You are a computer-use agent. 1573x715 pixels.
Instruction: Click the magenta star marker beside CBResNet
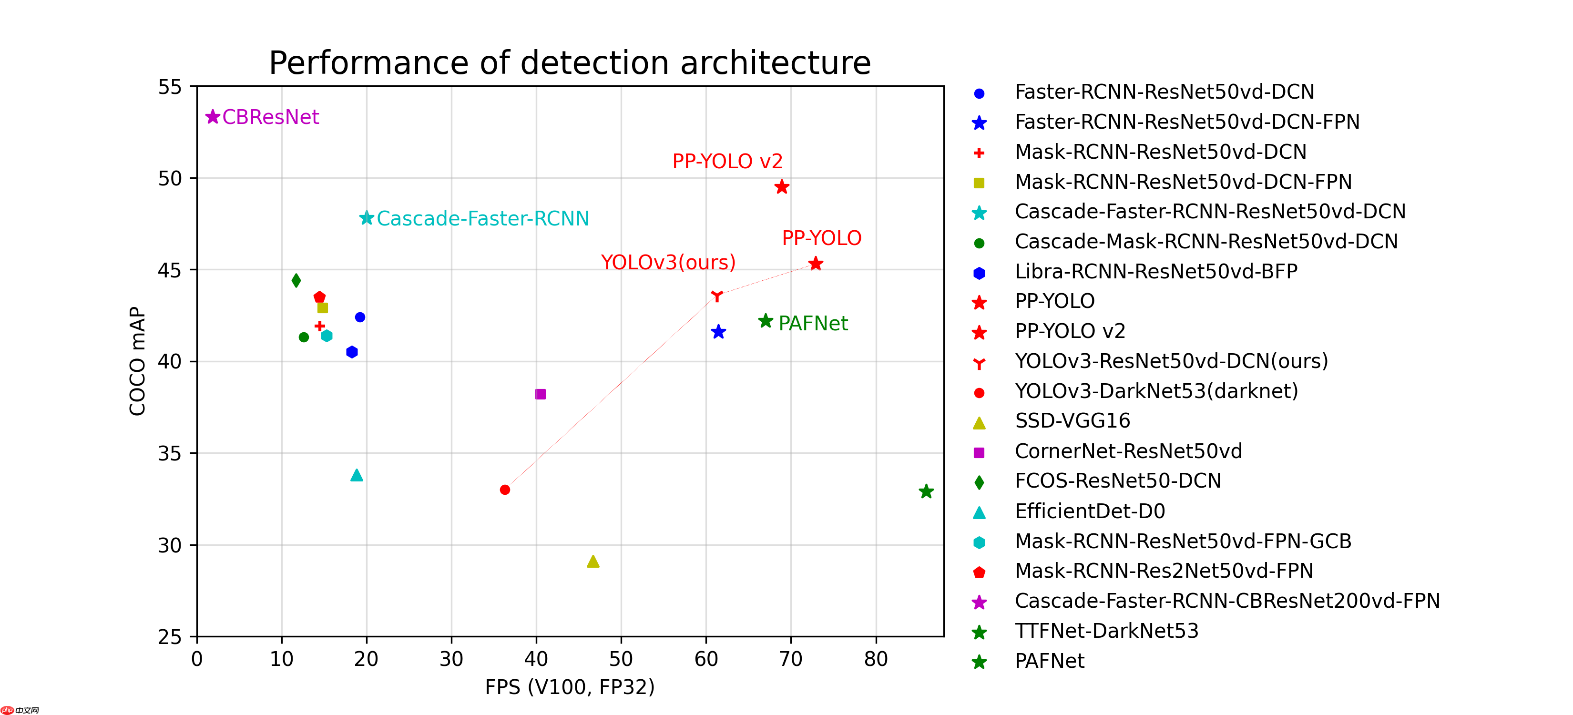(213, 117)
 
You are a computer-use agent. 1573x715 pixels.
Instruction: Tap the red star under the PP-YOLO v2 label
(782, 187)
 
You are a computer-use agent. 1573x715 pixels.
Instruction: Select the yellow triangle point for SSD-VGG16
(593, 561)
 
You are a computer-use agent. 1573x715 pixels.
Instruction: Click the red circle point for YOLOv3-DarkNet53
(505, 490)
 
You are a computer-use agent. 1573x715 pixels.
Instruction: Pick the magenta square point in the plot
(541, 394)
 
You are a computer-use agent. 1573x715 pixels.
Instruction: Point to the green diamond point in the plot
(296, 280)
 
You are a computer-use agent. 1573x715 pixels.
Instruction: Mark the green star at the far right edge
(926, 491)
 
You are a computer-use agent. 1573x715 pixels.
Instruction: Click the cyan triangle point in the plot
(357, 475)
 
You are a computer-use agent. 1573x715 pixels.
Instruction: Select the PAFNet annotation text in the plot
(813, 323)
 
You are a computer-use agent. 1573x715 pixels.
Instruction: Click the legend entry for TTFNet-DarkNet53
(1106, 631)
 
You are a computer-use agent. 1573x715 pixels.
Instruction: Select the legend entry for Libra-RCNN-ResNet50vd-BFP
(1155, 271)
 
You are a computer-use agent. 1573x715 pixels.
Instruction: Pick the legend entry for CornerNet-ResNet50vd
(1128, 451)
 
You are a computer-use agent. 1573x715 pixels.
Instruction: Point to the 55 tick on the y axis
(170, 87)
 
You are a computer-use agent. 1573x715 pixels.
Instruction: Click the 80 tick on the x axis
(876, 659)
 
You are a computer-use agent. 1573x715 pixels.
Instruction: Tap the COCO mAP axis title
(137, 361)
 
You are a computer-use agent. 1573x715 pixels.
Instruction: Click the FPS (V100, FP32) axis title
(570, 687)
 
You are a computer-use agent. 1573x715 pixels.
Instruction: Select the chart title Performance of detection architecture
(570, 63)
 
